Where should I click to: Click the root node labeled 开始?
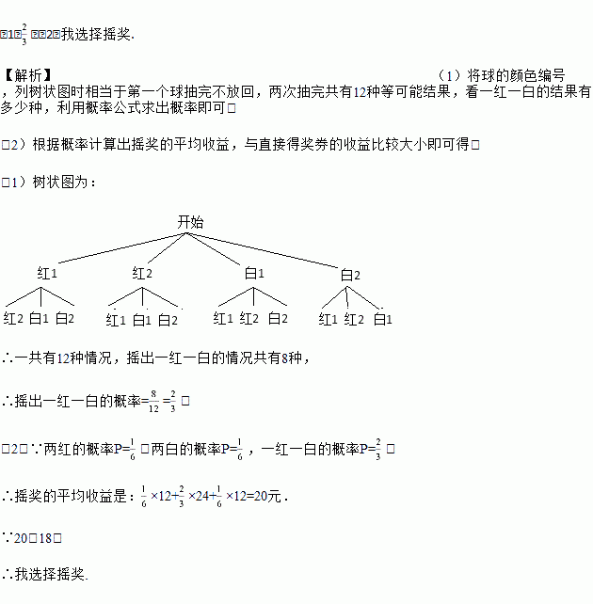[x=190, y=222]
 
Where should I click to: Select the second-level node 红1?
[x=48, y=274]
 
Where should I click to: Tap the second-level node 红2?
[x=142, y=274]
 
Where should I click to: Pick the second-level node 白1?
[x=254, y=274]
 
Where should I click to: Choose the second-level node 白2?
[x=350, y=275]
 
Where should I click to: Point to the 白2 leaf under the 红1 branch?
[x=65, y=319]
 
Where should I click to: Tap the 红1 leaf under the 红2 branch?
[x=116, y=320]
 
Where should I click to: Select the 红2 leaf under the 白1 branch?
[x=249, y=319]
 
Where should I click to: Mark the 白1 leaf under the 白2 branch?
[x=382, y=319]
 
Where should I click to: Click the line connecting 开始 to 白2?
[x=273, y=249]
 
